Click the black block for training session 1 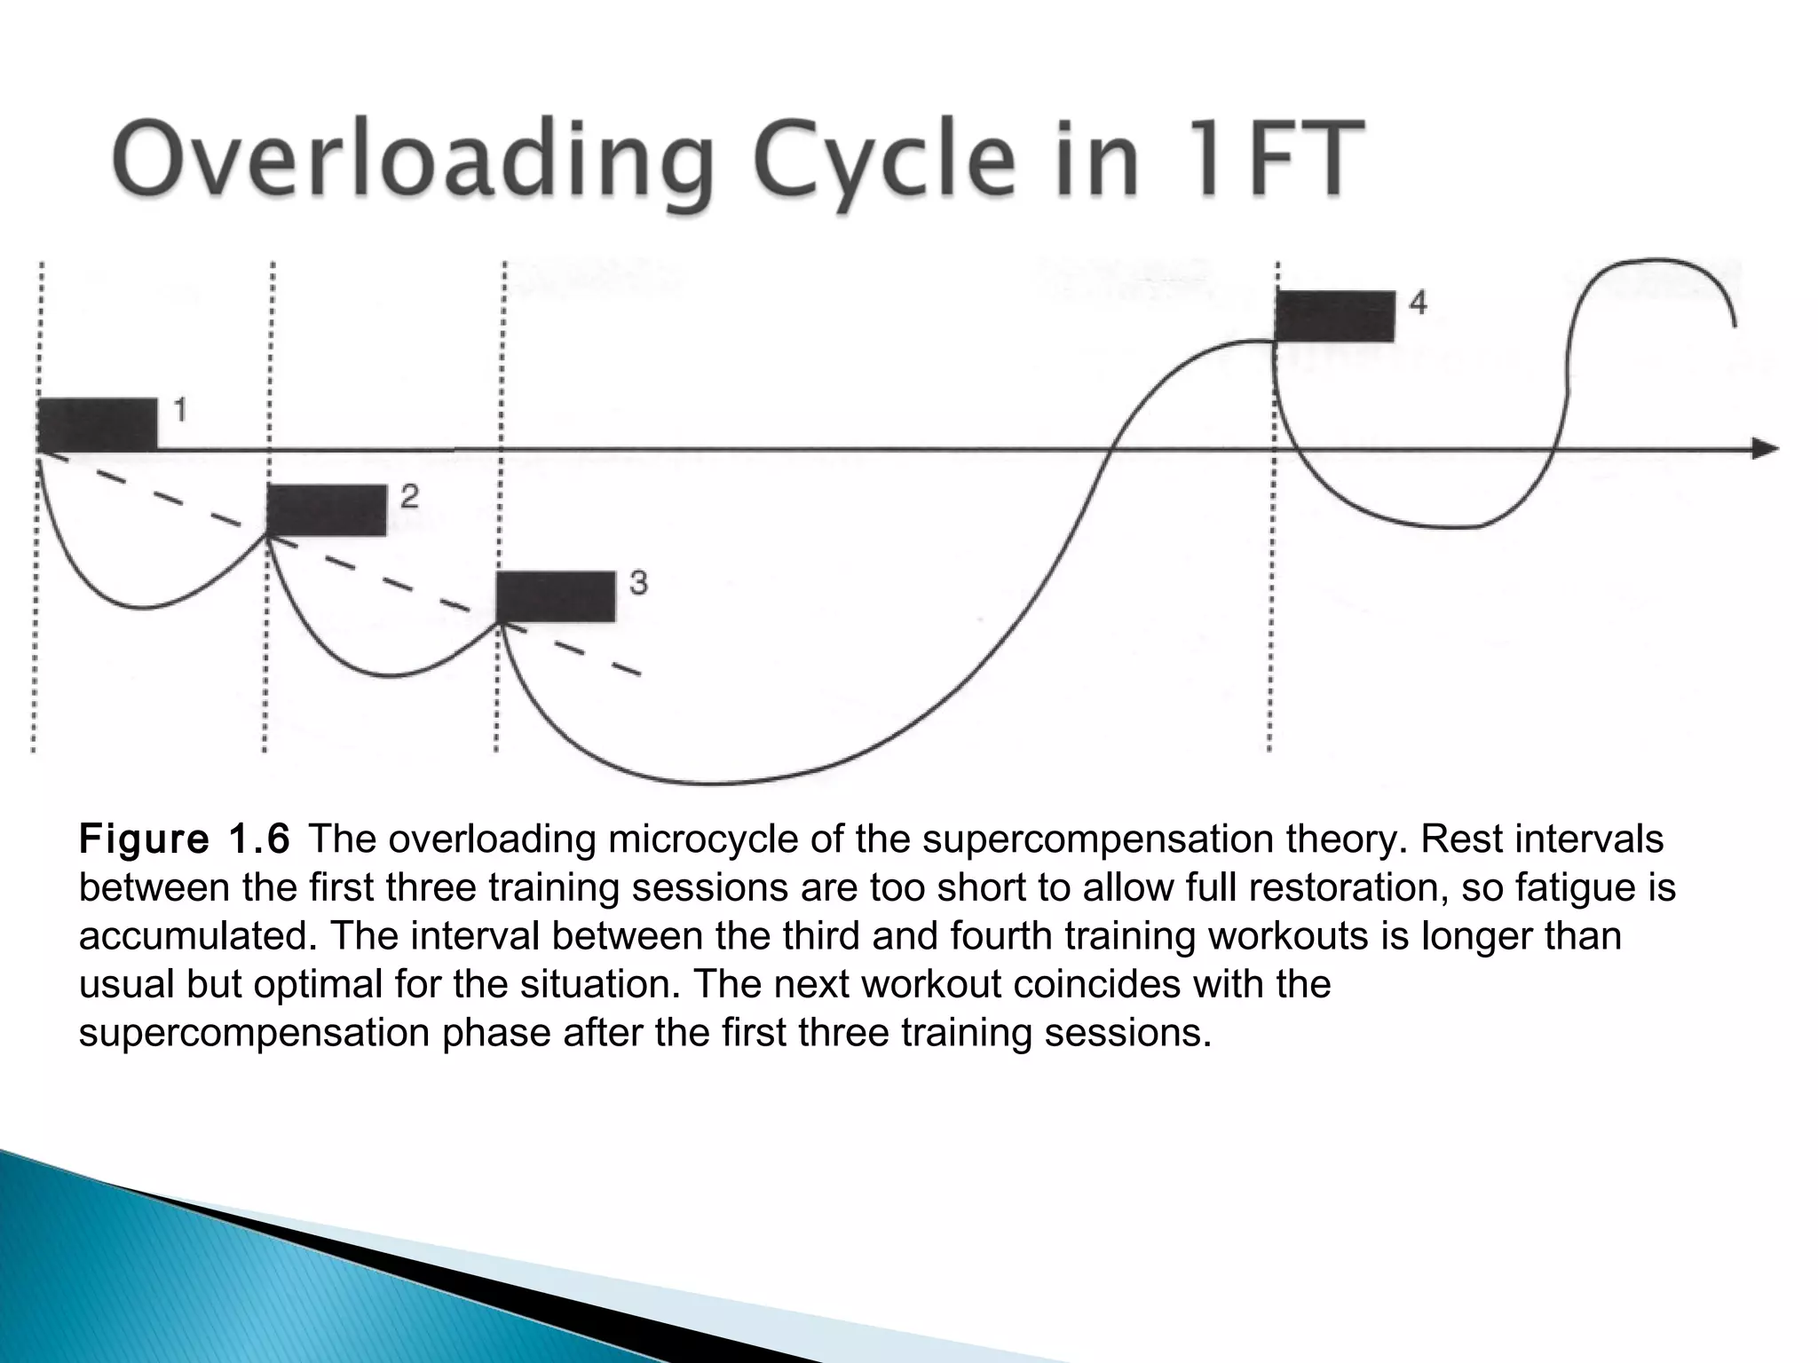pyautogui.click(x=98, y=425)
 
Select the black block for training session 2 pyautogui.click(x=327, y=510)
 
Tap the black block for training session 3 pyautogui.click(x=556, y=597)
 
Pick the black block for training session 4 pyautogui.click(x=1334, y=316)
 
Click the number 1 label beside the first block pyautogui.click(x=179, y=410)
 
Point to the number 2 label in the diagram pyautogui.click(x=408, y=496)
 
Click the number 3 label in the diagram pyautogui.click(x=638, y=583)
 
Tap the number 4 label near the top pyautogui.click(x=1418, y=303)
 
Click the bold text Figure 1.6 pyautogui.click(x=185, y=839)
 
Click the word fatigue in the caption pyautogui.click(x=1564, y=887)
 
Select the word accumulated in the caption pyautogui.click(x=194, y=936)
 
